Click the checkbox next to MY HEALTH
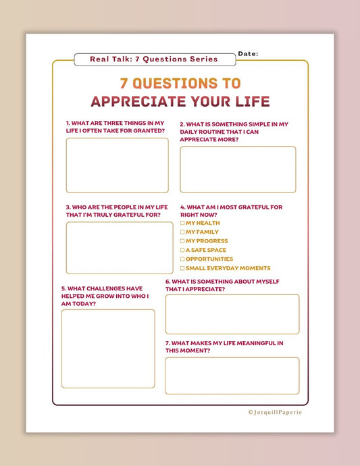pos(182,223)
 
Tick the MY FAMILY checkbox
pos(182,232)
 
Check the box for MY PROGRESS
pos(182,241)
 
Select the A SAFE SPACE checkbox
pos(182,250)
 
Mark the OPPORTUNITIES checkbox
pos(182,259)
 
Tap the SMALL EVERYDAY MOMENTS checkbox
pos(182,268)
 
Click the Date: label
pos(248,53)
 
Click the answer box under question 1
pos(117,165)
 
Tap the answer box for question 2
pos(238,170)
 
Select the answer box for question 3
pos(119,248)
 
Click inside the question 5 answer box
pos(108,348)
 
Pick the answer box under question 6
pos(232,314)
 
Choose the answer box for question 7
pos(232,376)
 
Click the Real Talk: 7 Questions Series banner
pos(154,59)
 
